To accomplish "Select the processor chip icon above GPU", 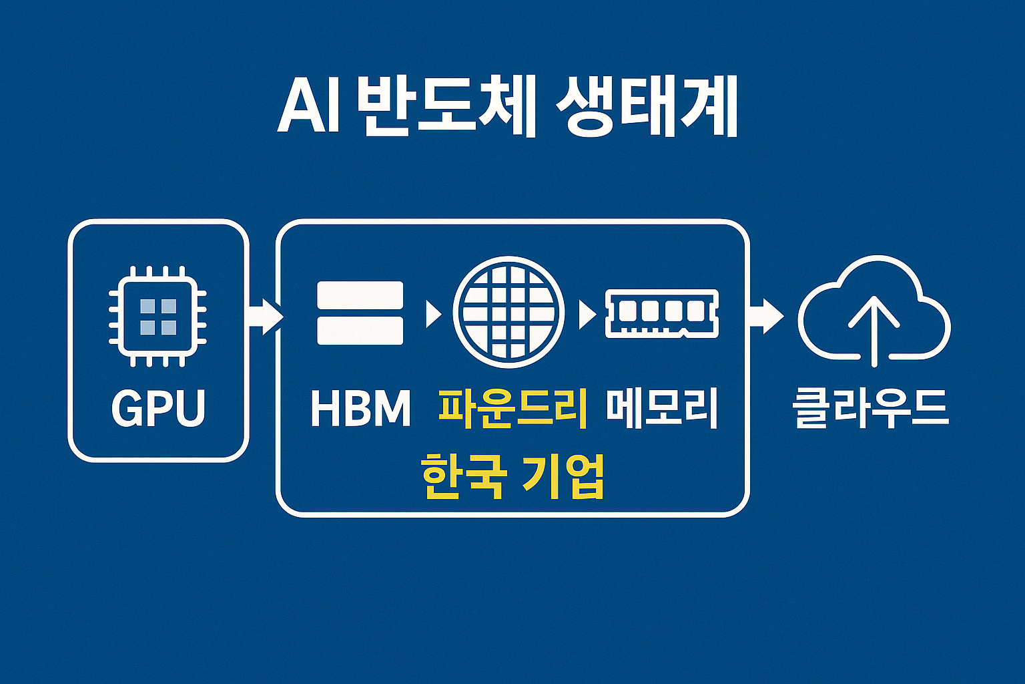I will pos(158,316).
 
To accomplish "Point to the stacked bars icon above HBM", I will pos(360,313).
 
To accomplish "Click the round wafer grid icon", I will pos(508,312).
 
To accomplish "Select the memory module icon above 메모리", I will pos(661,313).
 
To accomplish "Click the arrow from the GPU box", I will pos(265,315).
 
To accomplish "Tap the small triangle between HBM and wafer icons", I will pos(433,313).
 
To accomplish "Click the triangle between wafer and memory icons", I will pos(587,313).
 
